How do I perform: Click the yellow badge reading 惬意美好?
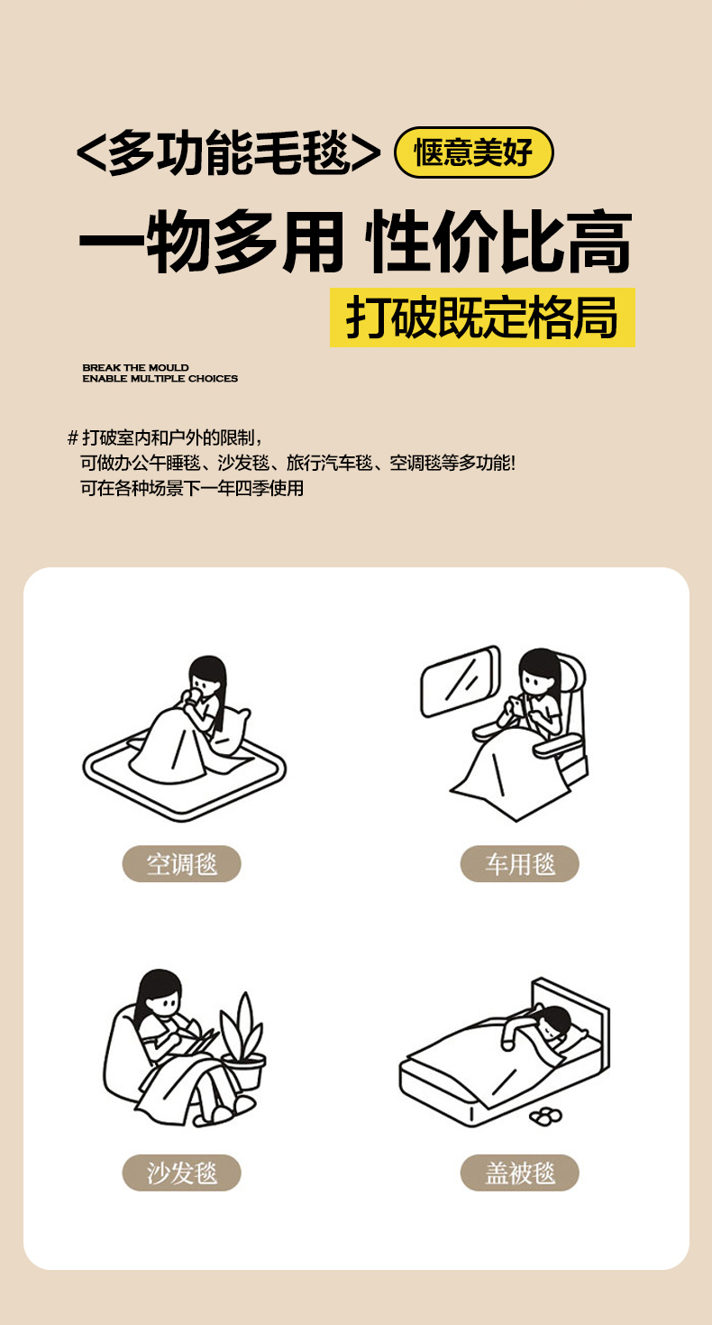point(473,152)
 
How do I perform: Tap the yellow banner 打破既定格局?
point(482,317)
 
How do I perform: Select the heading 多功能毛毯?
point(229,153)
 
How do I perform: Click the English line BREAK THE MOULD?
point(135,367)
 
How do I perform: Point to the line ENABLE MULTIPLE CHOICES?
point(160,379)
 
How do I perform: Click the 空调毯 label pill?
point(181,864)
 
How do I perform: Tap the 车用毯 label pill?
point(519,864)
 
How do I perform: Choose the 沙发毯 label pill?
point(181,1173)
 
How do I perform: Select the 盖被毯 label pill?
point(519,1173)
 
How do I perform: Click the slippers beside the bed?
point(546,1117)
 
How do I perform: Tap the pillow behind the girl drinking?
point(231,732)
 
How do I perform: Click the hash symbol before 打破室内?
point(73,437)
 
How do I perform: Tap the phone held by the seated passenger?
point(516,704)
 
